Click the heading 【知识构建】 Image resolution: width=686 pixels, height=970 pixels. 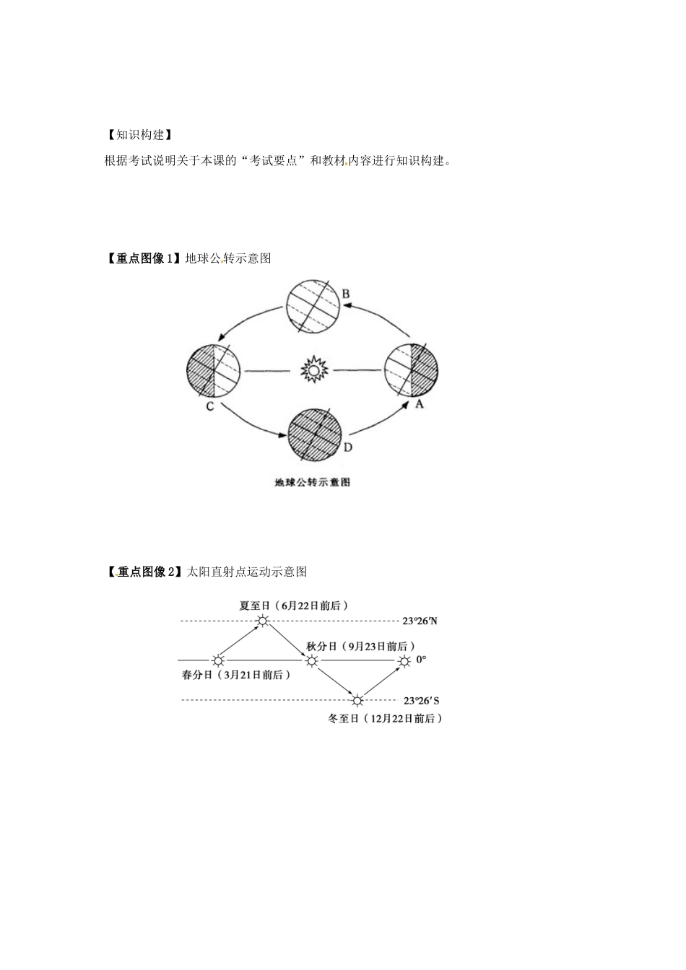(x=139, y=135)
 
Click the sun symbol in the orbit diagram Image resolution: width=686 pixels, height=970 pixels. (x=314, y=370)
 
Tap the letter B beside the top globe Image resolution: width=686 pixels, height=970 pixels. (x=345, y=294)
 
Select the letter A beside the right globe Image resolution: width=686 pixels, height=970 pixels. (x=419, y=404)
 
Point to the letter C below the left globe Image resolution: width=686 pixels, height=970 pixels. (x=210, y=406)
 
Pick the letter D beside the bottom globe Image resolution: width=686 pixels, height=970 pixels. (x=348, y=447)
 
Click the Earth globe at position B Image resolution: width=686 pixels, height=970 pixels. (x=313, y=306)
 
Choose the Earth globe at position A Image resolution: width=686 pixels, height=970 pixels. (x=412, y=370)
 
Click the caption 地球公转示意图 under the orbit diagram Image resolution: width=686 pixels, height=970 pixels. (x=313, y=482)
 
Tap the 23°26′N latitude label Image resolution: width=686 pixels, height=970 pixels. (x=420, y=621)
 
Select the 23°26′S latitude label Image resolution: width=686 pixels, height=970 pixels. (x=421, y=700)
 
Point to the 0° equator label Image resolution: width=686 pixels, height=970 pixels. (x=421, y=660)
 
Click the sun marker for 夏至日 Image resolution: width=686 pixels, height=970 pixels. (x=263, y=621)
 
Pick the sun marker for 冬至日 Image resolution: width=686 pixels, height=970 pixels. (x=357, y=700)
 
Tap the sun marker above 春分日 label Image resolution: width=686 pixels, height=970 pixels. (x=218, y=661)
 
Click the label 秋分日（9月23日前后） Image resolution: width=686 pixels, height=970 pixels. (x=360, y=647)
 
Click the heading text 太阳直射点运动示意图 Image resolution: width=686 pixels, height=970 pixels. (x=246, y=572)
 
